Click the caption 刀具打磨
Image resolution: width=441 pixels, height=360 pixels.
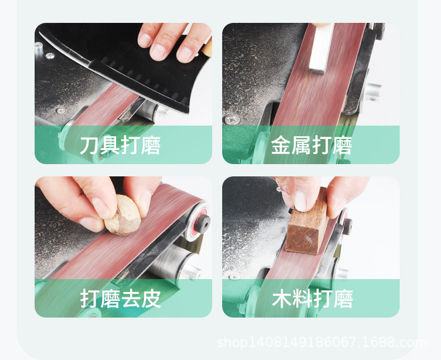coord(120,146)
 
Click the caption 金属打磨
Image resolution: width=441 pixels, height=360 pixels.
coord(311,146)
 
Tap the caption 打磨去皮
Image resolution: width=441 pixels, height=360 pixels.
coord(120,299)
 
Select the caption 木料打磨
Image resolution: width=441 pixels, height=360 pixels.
coord(312,299)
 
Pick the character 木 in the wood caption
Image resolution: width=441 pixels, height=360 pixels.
coord(281,299)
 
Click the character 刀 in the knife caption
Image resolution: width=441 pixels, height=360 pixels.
coord(90,146)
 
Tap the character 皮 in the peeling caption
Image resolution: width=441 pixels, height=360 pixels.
coord(151,299)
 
